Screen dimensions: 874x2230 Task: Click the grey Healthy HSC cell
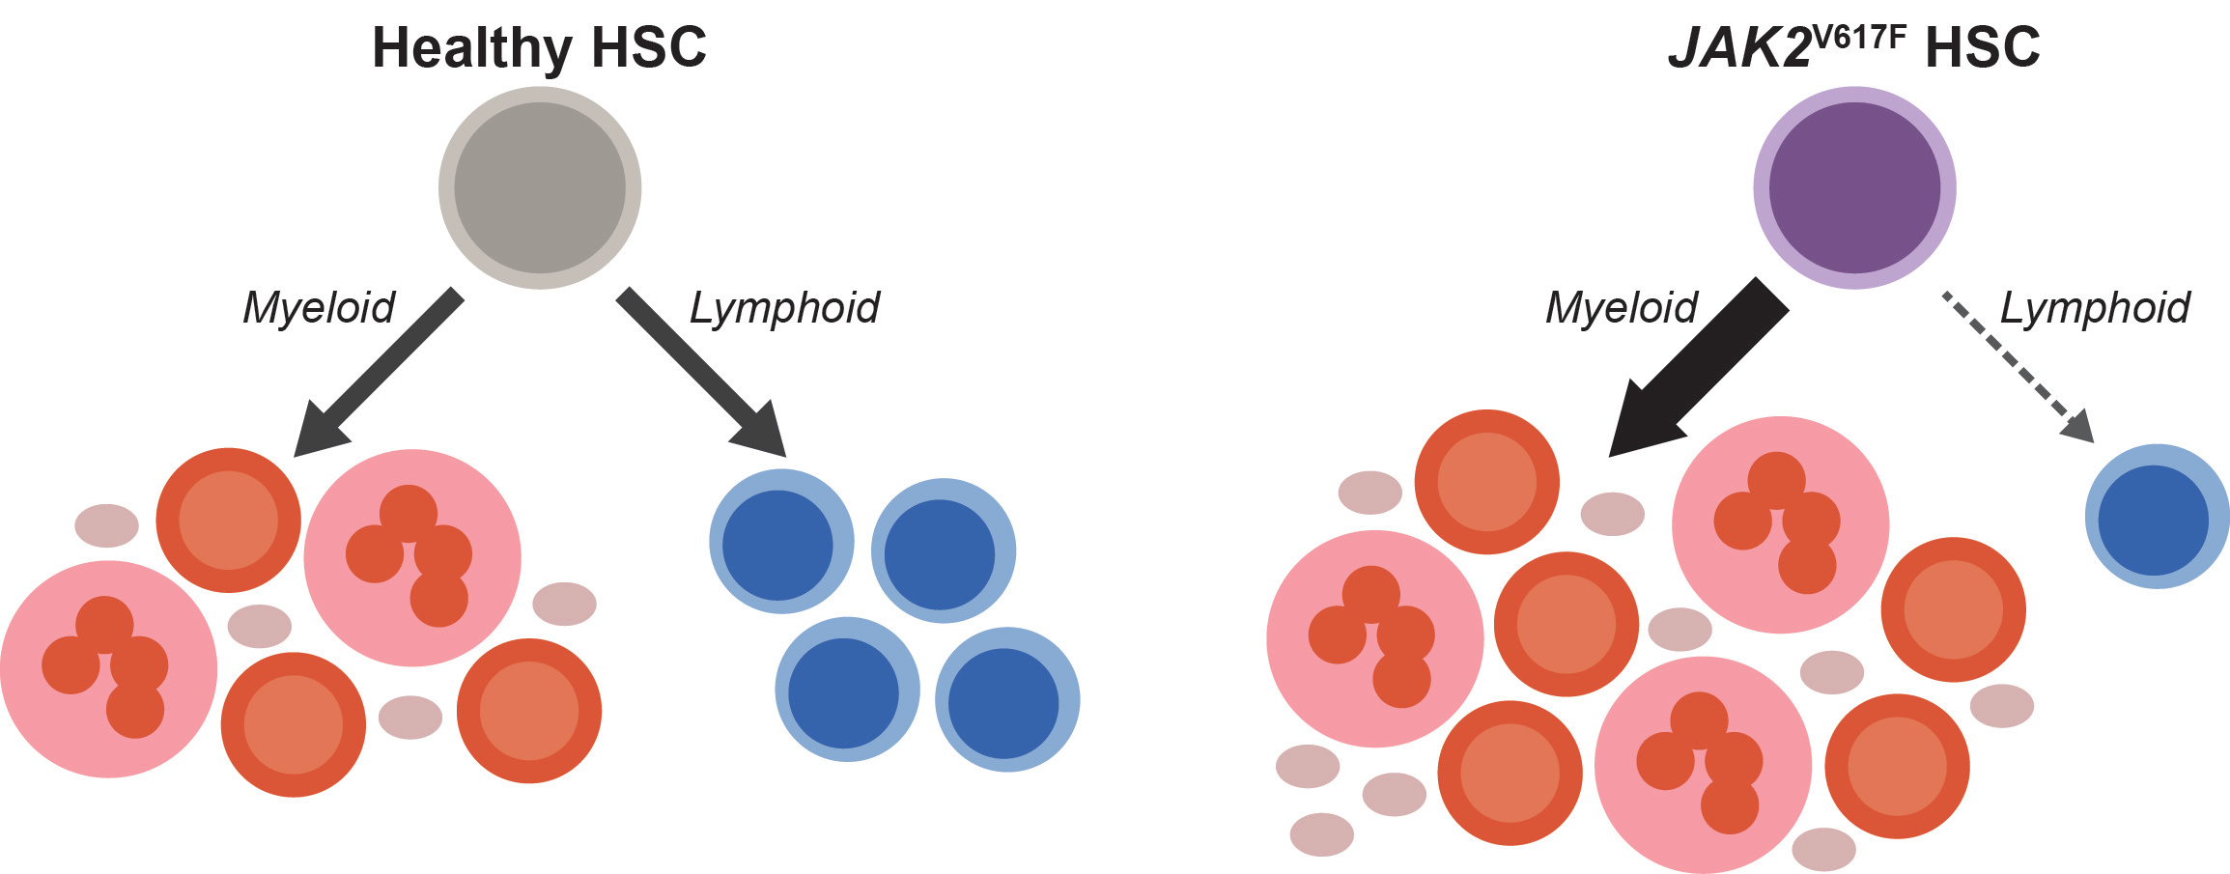[x=540, y=187]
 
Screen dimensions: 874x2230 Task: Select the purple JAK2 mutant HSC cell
[x=1854, y=187]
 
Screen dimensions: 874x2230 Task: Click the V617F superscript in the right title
[x=1860, y=37]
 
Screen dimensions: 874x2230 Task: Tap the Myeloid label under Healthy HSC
[x=319, y=308]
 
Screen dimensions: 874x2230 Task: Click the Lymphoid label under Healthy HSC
[x=784, y=308]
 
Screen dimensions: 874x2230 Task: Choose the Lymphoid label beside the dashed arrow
[x=2095, y=308]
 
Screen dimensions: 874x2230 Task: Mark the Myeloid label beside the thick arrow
[x=1622, y=308]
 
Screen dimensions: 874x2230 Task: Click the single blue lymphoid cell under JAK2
[x=2157, y=517]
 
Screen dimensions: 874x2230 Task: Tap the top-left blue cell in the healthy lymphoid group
[x=780, y=542]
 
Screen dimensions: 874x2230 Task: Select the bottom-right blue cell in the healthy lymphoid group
[x=1006, y=700]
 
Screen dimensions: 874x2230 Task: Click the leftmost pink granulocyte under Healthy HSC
[x=108, y=669]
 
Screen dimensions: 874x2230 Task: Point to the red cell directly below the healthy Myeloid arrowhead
[x=229, y=521]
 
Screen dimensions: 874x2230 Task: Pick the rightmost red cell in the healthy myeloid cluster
[x=529, y=710]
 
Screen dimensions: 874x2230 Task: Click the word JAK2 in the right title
[x=1738, y=47]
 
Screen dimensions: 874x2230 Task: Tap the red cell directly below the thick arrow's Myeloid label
[x=1487, y=482]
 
